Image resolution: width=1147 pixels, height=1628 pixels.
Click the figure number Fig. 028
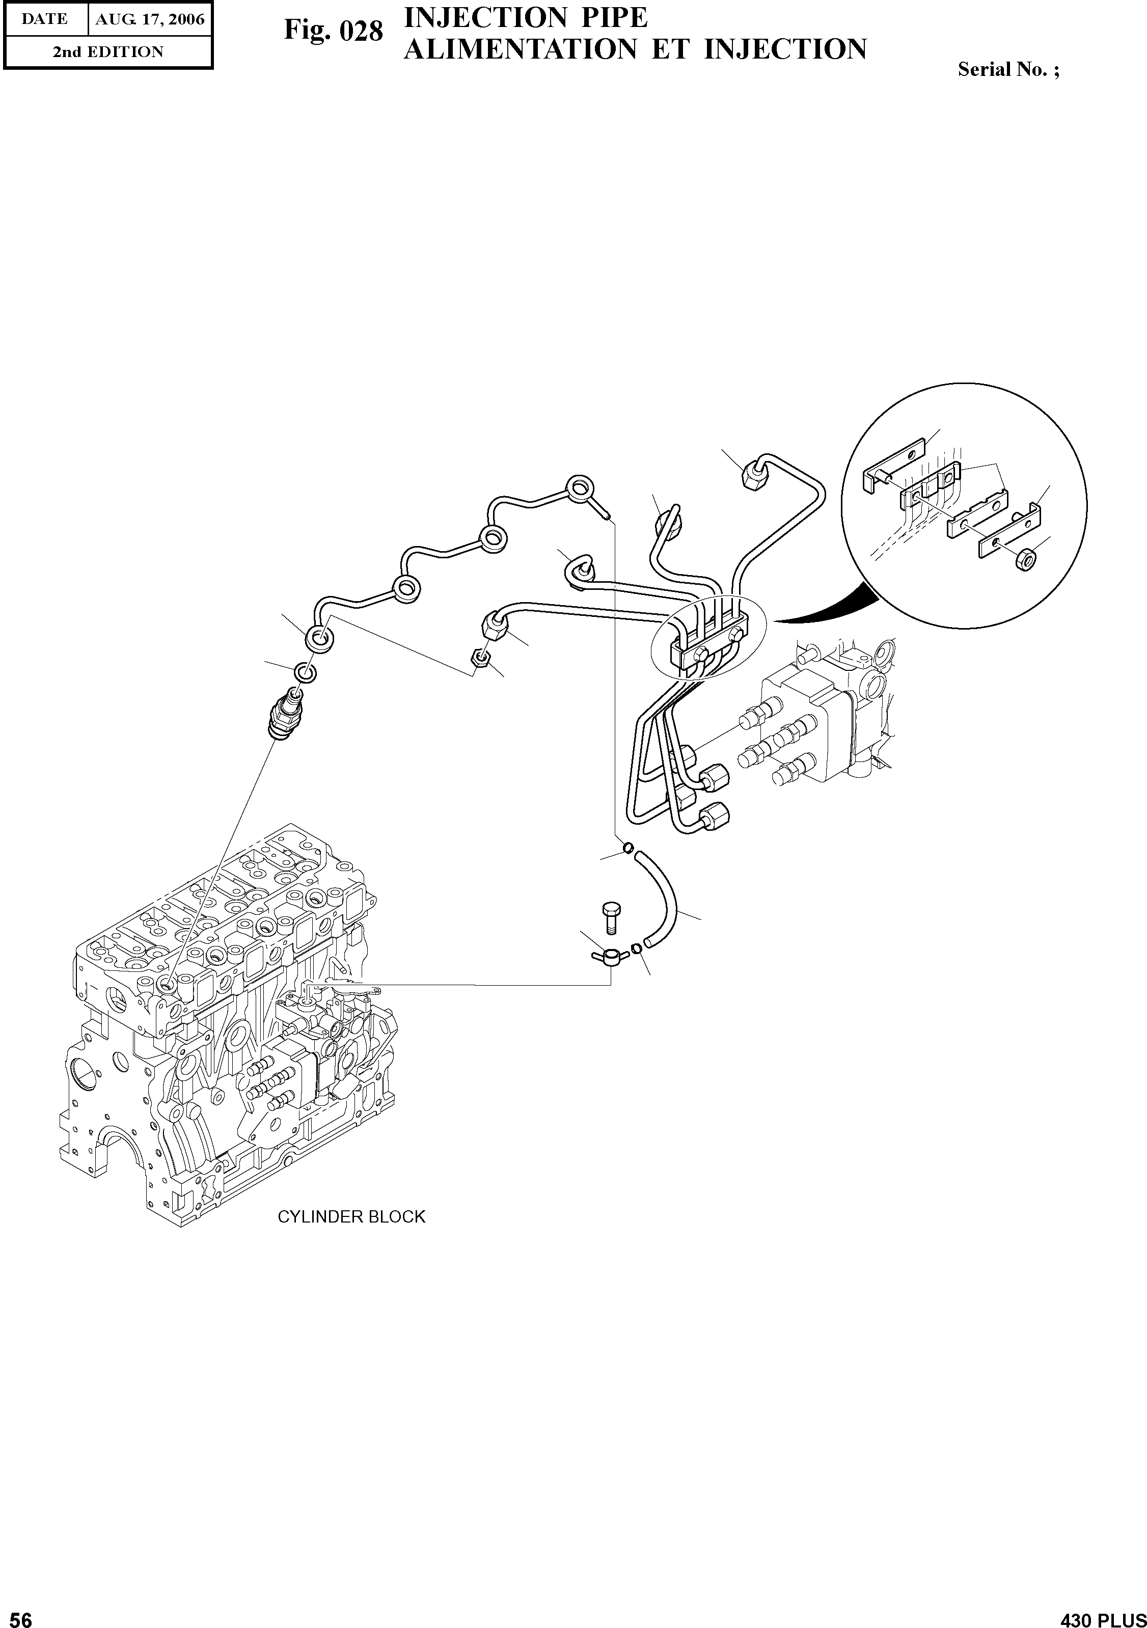click(333, 31)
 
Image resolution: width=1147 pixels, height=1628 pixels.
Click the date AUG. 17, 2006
click(150, 19)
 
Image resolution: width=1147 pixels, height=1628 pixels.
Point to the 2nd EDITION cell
click(108, 52)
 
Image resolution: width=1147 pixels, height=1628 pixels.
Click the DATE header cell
click(45, 19)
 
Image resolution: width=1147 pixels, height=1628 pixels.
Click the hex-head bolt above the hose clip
click(610, 916)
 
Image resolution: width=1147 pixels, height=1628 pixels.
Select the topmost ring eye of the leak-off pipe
click(579, 487)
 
